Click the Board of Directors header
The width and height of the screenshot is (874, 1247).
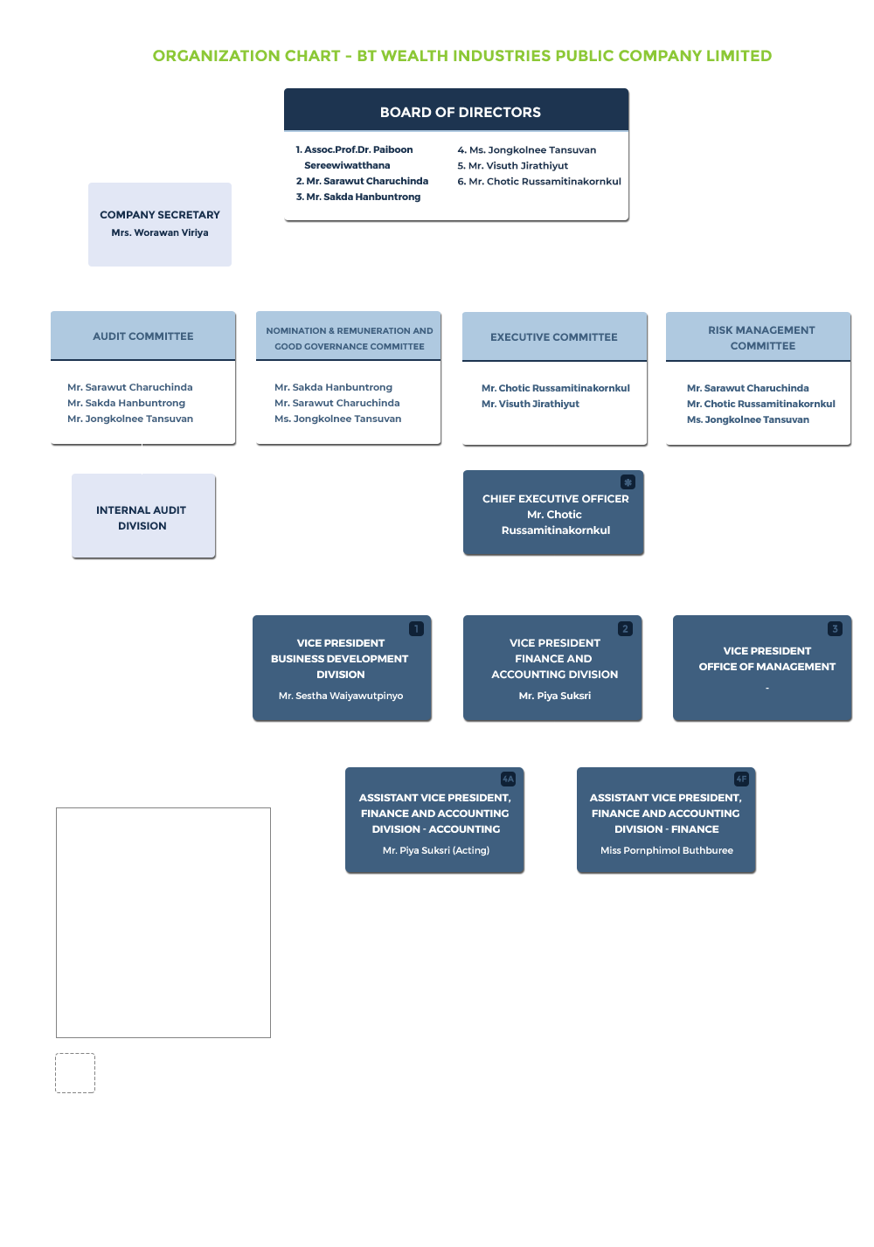[456, 109]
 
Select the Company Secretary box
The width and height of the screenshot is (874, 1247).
[160, 225]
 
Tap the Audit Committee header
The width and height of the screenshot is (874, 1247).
[143, 336]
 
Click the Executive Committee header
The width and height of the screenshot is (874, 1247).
[554, 336]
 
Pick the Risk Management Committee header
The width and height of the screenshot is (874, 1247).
[759, 336]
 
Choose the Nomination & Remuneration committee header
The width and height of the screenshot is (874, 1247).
[349, 336]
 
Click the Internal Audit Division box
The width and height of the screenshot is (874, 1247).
[143, 516]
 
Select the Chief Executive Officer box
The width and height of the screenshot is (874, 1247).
[553, 513]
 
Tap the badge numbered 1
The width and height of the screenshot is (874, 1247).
[416, 628]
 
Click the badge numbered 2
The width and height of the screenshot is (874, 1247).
[625, 628]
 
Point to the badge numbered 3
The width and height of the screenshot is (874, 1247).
[835, 628]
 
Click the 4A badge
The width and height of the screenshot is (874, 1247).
[509, 779]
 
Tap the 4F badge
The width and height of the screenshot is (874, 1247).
[741, 779]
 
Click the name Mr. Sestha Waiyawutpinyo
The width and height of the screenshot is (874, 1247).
[341, 696]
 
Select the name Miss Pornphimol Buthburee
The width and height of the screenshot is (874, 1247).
[666, 850]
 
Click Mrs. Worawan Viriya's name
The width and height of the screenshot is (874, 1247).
[160, 232]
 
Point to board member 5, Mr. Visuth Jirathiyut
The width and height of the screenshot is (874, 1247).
[513, 165]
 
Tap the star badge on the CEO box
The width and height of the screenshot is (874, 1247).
[628, 482]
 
